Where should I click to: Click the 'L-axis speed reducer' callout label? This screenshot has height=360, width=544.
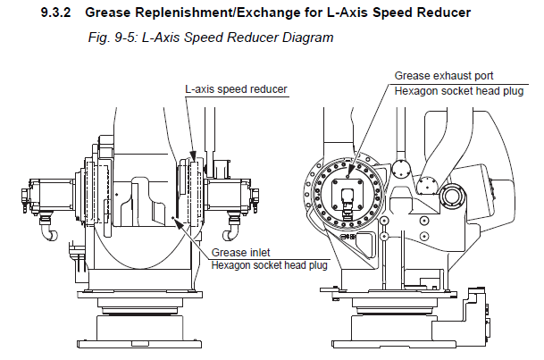pos(231,89)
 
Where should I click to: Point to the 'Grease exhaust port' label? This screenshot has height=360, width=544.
pos(445,75)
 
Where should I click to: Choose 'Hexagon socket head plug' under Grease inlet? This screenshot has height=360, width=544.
pos(270,264)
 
